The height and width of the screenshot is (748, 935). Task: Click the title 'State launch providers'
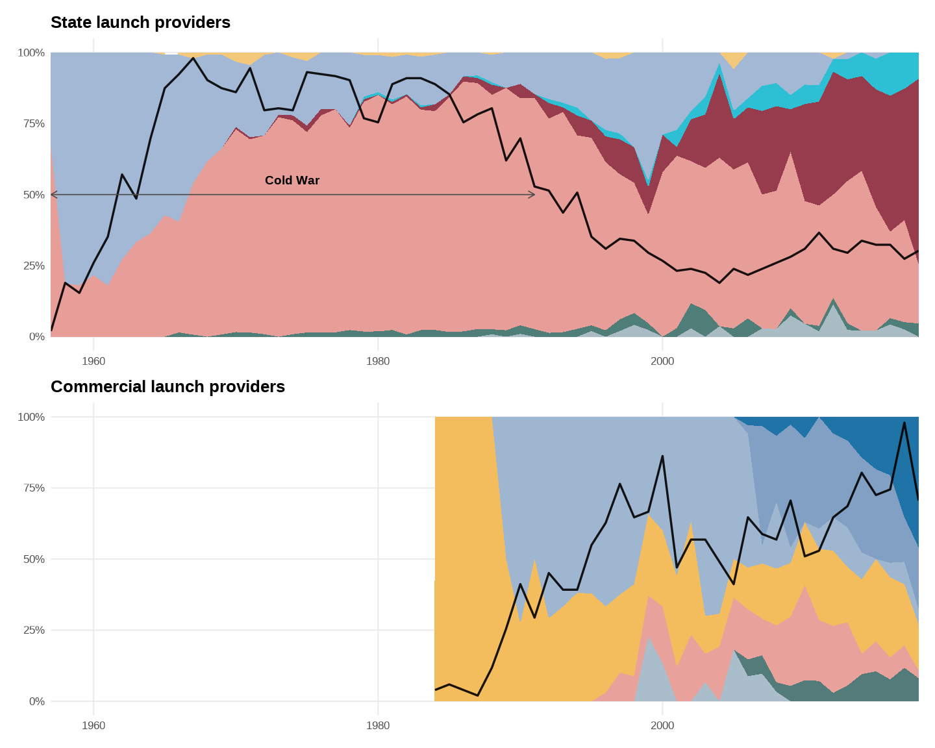pos(140,23)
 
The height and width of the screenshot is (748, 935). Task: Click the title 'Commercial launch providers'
pos(168,387)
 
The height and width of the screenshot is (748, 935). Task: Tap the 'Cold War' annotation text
pos(292,181)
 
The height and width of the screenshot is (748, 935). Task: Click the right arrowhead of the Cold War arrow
pos(533,195)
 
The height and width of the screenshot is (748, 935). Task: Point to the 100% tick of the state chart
pos(31,53)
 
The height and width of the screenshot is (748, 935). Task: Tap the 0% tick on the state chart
pos(36,337)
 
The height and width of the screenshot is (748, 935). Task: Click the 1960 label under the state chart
pos(93,361)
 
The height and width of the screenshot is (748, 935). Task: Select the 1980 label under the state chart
pos(378,361)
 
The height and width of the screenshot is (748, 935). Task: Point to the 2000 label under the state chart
pos(662,361)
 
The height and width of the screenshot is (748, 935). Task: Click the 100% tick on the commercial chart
pos(31,418)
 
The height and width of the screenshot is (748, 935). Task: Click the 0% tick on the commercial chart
pos(36,701)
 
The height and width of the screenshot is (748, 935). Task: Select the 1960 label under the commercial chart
pos(93,725)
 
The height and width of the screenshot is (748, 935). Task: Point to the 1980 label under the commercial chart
pos(378,725)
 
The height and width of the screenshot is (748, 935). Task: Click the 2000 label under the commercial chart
pos(662,725)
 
